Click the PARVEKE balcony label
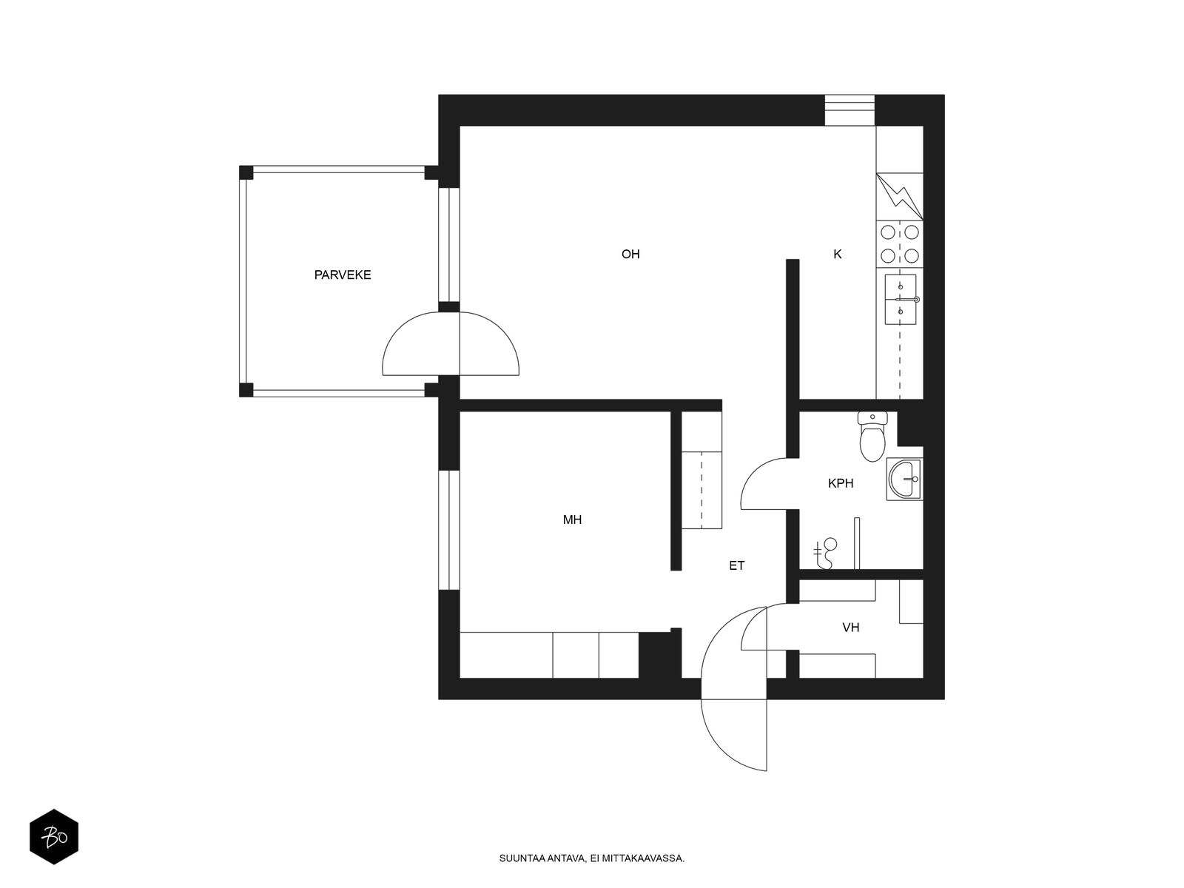pos(343,275)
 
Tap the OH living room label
pos(630,255)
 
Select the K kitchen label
pos(838,255)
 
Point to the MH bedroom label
pos(572,519)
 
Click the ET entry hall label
pos(737,565)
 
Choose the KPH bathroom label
pos(841,484)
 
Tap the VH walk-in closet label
pos(851,628)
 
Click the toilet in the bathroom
pos(872,437)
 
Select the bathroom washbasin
pos(904,480)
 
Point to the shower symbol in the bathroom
pos(824,554)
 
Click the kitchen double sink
pos(901,300)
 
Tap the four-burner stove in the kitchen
pos(900,243)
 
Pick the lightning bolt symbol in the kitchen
pos(900,196)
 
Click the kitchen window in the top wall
pos(850,110)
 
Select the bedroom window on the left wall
pos(448,531)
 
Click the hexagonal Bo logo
pos(54,837)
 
